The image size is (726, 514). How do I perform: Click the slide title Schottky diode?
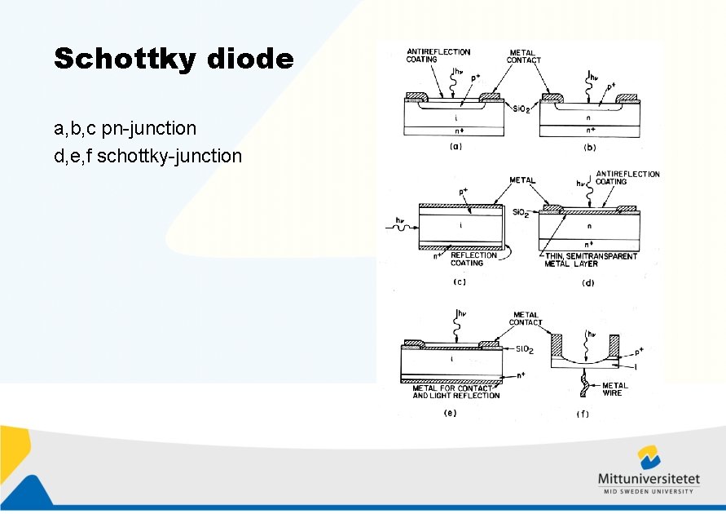[174, 59]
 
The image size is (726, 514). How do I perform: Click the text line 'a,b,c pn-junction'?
[125, 128]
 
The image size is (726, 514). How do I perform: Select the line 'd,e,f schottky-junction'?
[147, 155]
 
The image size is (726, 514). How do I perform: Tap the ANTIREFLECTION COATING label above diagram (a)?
[438, 55]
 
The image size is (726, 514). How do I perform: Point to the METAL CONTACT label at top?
[523, 56]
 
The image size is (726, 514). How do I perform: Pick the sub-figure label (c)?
[460, 282]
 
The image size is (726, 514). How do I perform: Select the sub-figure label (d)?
[587, 283]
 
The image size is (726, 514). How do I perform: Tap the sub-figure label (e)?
[450, 412]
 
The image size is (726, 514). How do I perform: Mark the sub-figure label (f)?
[583, 414]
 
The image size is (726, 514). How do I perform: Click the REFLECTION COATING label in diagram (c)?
[473, 259]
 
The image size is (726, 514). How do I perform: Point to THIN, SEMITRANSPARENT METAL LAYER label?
[590, 259]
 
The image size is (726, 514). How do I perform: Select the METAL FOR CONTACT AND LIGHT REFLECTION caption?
[456, 392]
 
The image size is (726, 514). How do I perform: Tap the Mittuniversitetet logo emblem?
[649, 458]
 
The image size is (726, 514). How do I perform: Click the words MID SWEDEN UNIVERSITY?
[649, 491]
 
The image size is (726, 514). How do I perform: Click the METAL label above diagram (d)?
[522, 179]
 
